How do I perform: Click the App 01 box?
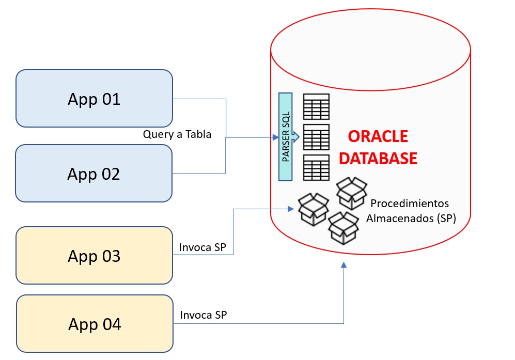pyautogui.click(x=94, y=99)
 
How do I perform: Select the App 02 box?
pyautogui.click(x=93, y=174)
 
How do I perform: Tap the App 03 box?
pyautogui.click(x=94, y=256)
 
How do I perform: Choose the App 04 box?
pyautogui.click(x=95, y=324)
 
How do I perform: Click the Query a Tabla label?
pyautogui.click(x=177, y=134)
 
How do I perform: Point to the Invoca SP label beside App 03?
pyautogui.click(x=203, y=247)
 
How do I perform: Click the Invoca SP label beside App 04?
pyautogui.click(x=204, y=315)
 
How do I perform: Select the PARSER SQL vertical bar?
pyautogui.click(x=286, y=137)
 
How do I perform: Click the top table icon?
pyautogui.click(x=316, y=106)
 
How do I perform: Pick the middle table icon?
pyautogui.click(x=316, y=137)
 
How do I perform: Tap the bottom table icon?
pyautogui.click(x=316, y=168)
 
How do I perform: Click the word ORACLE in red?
pyautogui.click(x=378, y=136)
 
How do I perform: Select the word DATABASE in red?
pyautogui.click(x=378, y=158)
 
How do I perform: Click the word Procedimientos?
pyautogui.click(x=410, y=203)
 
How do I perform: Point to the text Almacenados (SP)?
pyautogui.click(x=411, y=218)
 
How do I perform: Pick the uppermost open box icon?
pyautogui.click(x=352, y=192)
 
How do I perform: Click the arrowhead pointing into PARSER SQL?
pyautogui.click(x=275, y=137)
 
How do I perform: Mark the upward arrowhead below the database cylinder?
pyautogui.click(x=344, y=265)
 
